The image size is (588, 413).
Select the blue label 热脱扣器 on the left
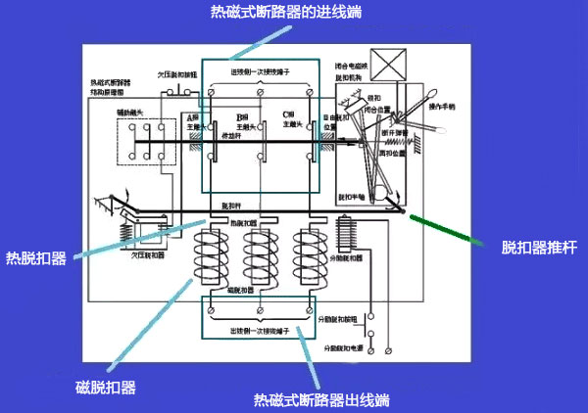35,258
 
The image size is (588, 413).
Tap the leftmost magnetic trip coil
211,257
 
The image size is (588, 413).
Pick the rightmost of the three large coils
311,257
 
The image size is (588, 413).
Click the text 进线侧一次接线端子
260,71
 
